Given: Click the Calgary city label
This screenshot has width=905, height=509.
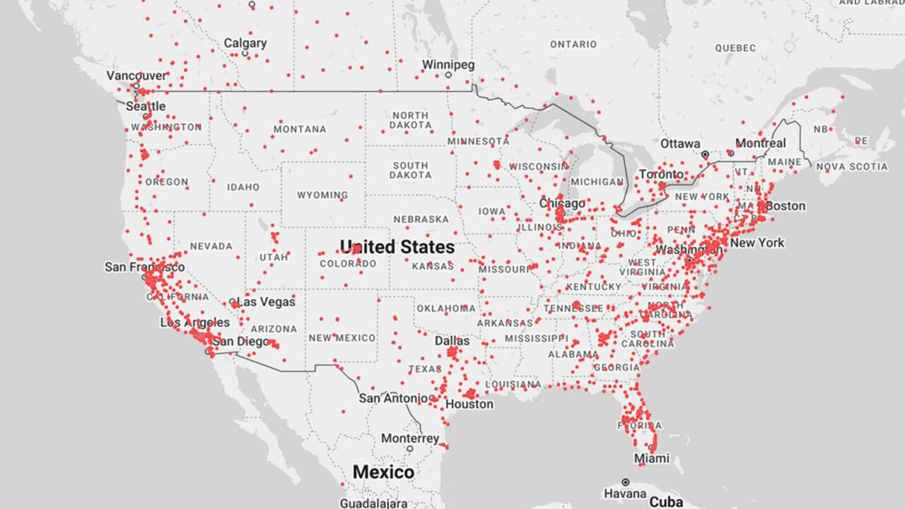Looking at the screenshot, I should pyautogui.click(x=245, y=43).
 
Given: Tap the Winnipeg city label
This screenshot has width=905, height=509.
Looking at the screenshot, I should pyautogui.click(x=448, y=64).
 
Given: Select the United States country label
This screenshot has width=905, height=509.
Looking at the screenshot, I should pyautogui.click(x=397, y=247).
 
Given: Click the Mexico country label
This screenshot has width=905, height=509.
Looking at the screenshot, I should pyautogui.click(x=383, y=472).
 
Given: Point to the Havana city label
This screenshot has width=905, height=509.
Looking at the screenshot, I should pyautogui.click(x=626, y=493).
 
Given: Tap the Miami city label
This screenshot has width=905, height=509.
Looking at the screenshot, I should pyautogui.click(x=651, y=459).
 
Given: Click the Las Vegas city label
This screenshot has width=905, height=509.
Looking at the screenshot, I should pyautogui.click(x=266, y=302).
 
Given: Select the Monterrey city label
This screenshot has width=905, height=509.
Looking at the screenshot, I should pyautogui.click(x=410, y=438).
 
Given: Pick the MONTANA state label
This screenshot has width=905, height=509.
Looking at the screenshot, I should pyautogui.click(x=300, y=129).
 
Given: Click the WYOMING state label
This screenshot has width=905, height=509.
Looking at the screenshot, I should pyautogui.click(x=322, y=194).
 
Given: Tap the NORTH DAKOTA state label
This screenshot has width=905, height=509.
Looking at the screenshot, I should pyautogui.click(x=410, y=120).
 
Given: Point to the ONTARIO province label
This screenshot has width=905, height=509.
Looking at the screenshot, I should pyautogui.click(x=573, y=44).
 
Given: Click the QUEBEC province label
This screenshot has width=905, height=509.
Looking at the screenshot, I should pyautogui.click(x=735, y=48).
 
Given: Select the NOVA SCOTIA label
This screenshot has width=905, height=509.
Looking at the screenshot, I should pyautogui.click(x=852, y=167).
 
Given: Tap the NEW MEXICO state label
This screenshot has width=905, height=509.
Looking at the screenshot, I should pyautogui.click(x=342, y=338).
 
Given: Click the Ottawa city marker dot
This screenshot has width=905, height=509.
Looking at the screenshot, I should pyautogui.click(x=705, y=154).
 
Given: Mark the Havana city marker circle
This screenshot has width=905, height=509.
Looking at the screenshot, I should pyautogui.click(x=626, y=482).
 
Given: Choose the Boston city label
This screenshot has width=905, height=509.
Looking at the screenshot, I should pyautogui.click(x=786, y=206).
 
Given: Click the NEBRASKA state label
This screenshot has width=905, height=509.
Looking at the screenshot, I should pyautogui.click(x=421, y=219).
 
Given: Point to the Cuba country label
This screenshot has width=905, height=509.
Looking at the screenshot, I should pyautogui.click(x=666, y=502).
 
